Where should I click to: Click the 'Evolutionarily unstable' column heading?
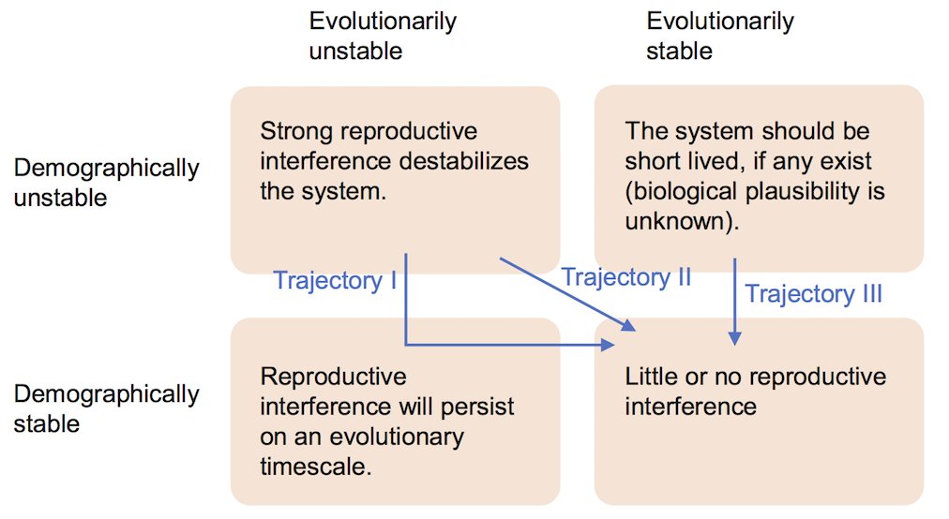pos(383,35)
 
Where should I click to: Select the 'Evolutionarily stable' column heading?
pos(719,35)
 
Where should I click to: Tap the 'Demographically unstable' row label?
pos(106,183)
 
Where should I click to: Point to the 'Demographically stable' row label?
pos(106,408)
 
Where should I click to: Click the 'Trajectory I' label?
pos(335,280)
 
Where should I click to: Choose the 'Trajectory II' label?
pos(625,276)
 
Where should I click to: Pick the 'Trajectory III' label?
pos(813,294)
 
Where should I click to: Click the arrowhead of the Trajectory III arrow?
pos(735,340)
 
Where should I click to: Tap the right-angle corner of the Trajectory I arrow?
pos(406,345)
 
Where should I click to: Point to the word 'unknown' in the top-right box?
pos(665,221)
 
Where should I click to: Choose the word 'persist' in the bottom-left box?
pos(476,407)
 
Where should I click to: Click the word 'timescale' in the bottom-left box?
pos(313,466)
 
